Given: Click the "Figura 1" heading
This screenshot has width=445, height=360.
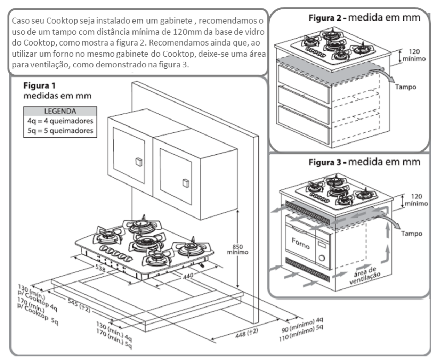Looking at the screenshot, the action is tap(40, 86).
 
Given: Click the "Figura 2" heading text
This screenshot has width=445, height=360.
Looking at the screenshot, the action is tap(325, 18).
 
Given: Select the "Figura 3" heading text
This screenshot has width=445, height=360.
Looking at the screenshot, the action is tap(325, 163).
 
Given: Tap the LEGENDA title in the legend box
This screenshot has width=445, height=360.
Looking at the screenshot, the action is tap(60, 111).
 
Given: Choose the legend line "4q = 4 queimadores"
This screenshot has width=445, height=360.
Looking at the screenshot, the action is tap(60, 121).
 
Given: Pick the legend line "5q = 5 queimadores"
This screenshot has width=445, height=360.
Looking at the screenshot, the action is tap(60, 131).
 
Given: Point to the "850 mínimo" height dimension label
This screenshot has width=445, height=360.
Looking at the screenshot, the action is tap(237, 249).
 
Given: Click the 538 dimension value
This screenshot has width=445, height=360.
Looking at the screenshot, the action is tap(100, 268).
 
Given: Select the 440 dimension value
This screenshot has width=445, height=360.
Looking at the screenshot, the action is tap(188, 276).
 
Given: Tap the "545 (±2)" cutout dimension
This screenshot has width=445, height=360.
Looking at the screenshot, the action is tap(79, 305).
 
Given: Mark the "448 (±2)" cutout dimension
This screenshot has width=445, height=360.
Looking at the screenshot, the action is tap(247, 333).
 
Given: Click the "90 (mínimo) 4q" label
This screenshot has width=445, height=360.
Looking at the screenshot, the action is tap(302, 325).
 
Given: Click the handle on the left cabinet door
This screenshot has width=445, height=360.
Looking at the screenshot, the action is tap(139, 162).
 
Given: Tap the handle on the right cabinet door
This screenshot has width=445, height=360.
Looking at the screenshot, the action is tap(186, 183).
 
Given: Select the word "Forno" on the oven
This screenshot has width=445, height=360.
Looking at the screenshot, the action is tap(301, 244).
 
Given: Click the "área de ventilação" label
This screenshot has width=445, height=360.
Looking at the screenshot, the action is tap(365, 276).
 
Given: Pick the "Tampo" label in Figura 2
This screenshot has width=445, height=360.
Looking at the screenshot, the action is tap(405, 87).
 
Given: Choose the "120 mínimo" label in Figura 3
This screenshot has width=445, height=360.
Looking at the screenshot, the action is tap(416, 200).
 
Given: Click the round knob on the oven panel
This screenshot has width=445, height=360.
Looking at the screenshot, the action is tap(322, 258).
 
